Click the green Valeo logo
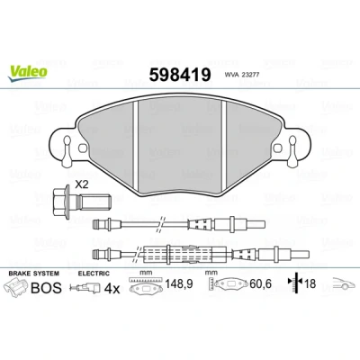pos(28,73)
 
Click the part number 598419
pos(180,75)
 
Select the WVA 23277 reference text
pos(241,76)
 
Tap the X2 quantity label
pos(82,184)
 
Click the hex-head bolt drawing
pos(82,202)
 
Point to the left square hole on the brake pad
pos(82,148)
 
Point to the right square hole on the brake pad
pos(278,148)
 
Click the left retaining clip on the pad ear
pos(67,151)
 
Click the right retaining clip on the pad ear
pos(292,151)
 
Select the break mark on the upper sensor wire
pos(160,224)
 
